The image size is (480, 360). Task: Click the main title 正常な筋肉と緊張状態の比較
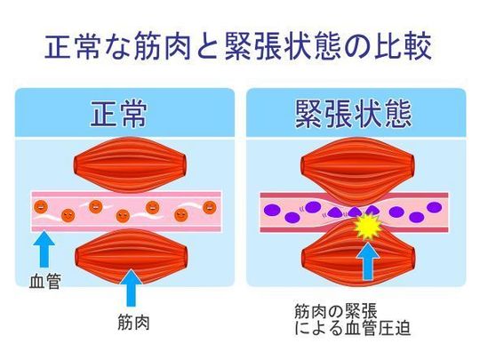point(238,46)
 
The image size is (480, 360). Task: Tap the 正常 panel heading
point(119,114)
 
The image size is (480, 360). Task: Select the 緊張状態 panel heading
point(353,114)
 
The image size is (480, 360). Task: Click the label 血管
point(44,281)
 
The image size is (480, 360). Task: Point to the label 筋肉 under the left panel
point(133,322)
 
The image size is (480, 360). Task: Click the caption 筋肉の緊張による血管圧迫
point(352,320)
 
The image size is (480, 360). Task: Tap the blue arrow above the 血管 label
point(44,249)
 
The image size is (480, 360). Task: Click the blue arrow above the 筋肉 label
point(131,288)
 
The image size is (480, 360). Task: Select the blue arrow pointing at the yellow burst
point(368,262)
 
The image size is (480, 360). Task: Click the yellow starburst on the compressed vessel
point(368,227)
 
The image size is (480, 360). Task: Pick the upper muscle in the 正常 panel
point(130,165)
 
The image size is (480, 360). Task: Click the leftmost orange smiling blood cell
point(41,207)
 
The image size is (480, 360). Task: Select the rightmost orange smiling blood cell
point(210,207)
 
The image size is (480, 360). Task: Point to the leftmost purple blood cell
point(272,210)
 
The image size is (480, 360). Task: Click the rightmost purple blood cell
point(434,207)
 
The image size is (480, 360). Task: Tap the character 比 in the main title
point(388,46)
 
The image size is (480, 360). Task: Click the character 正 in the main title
point(59,46)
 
